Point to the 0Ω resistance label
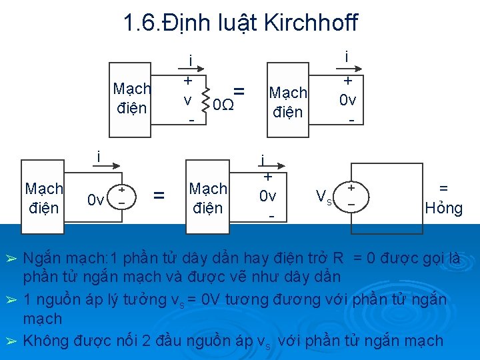pos(221,105)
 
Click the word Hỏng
pos(443,208)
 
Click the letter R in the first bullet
pos(339,259)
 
